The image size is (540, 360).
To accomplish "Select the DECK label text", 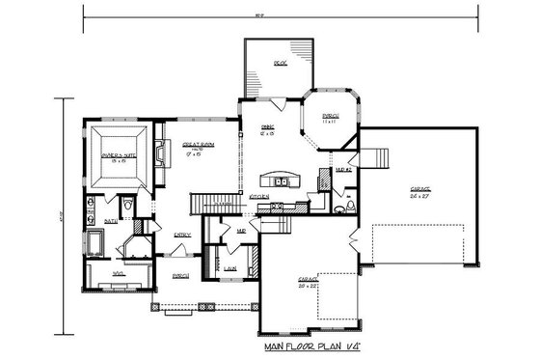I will tap(280, 65).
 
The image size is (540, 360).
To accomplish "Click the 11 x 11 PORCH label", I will tap(329, 117).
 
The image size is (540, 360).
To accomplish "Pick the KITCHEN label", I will tap(258, 196).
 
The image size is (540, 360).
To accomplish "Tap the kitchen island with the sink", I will tap(283, 180).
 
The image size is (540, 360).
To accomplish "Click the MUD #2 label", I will tap(341, 170).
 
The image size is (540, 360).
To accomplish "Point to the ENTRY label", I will tap(181, 235).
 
